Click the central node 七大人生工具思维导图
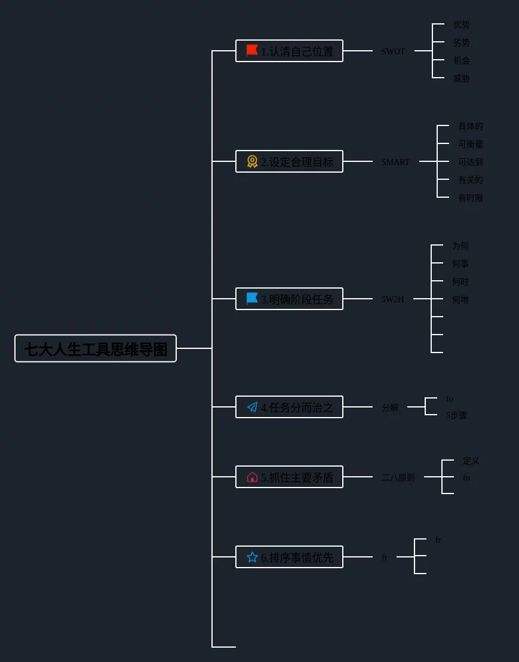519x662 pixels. click(96, 348)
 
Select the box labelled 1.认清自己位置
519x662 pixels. click(289, 51)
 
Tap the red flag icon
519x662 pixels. click(252, 51)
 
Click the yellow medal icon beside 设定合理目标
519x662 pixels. click(252, 161)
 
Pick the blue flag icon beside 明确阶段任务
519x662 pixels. click(252, 299)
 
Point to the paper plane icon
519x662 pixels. click(252, 407)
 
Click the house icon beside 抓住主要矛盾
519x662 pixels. click(252, 477)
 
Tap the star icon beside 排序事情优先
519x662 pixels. click(252, 557)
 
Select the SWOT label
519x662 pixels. click(393, 51)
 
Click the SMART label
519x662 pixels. click(395, 162)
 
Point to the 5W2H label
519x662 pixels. click(392, 299)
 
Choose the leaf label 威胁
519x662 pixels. click(461, 78)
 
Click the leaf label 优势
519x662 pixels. click(461, 24)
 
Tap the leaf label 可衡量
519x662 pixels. click(470, 144)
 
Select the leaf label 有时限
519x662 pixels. click(470, 198)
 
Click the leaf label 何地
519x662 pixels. click(460, 299)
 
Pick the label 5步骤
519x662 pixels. click(456, 415)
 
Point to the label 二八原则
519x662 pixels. click(398, 477)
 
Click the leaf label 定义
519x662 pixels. click(471, 461)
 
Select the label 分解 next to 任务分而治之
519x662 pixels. click(389, 407)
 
